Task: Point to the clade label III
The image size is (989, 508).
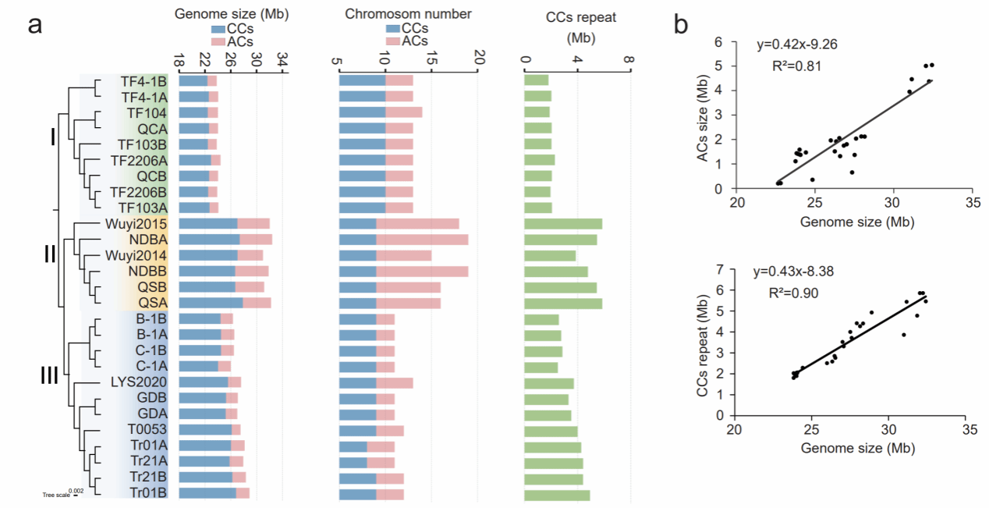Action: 49,377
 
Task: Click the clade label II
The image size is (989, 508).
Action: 49,254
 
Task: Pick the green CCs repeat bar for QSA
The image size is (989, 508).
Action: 563,303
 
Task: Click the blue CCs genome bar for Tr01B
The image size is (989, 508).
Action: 207,492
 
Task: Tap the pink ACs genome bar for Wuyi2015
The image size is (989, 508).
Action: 253,224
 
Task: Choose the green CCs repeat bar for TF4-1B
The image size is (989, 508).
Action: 537,80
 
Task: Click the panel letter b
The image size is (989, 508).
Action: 681,25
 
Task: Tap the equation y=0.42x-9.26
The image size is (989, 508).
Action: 795,44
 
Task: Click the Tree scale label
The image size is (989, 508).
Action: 55,495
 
